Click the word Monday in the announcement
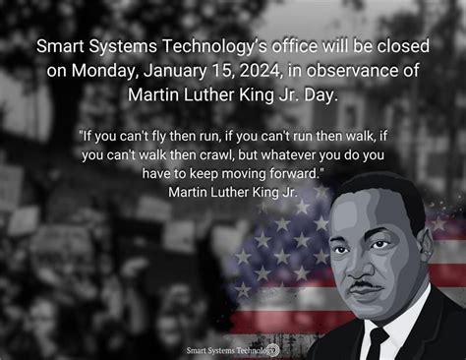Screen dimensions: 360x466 click(x=98, y=70)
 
